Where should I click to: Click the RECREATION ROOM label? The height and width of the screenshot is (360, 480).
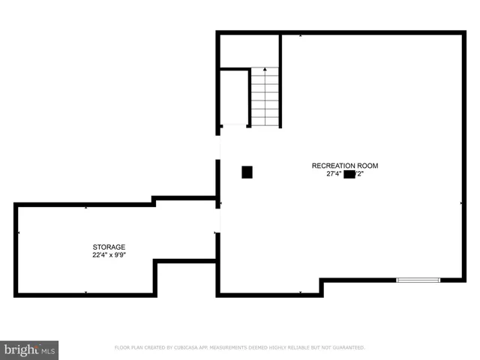tap(345, 165)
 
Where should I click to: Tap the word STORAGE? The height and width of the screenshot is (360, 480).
tap(109, 247)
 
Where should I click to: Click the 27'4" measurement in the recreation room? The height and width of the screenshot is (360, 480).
tap(334, 174)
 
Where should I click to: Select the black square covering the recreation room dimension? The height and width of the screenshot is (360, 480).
tap(349, 174)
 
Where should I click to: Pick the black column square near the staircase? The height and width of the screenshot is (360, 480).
tap(247, 172)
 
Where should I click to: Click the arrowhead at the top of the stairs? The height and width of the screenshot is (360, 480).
tap(264, 70)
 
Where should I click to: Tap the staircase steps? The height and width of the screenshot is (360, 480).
tap(264, 97)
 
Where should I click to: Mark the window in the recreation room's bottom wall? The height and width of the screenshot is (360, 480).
tap(418, 280)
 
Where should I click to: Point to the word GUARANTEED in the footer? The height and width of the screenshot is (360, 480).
tap(347, 347)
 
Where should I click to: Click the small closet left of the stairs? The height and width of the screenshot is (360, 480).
tap(234, 97)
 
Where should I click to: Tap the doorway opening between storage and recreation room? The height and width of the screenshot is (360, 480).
tap(218, 220)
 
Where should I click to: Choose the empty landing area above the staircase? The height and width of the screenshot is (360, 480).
tap(249, 50)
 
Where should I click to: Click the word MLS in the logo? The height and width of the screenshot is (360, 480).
tap(47, 350)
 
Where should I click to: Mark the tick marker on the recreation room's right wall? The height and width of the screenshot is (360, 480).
tap(461, 202)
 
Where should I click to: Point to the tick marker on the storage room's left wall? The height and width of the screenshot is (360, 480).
tap(18, 233)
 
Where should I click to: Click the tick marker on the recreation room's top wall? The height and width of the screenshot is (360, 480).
tap(301, 34)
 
